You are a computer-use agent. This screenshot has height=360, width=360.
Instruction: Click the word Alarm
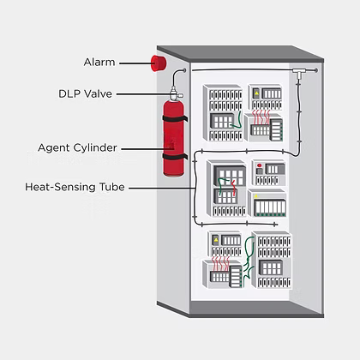click(99, 62)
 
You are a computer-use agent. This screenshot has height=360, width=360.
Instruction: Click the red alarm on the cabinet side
click(157, 63)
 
